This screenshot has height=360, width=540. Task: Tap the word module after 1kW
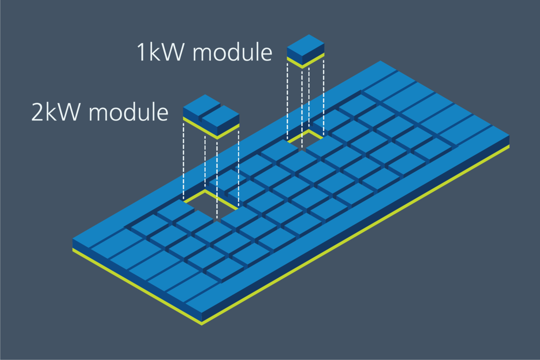[232, 52]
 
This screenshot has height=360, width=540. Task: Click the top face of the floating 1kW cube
[306, 44]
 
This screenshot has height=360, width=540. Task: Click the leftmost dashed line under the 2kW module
[183, 160]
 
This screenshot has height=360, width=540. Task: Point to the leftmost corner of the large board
[73, 240]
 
